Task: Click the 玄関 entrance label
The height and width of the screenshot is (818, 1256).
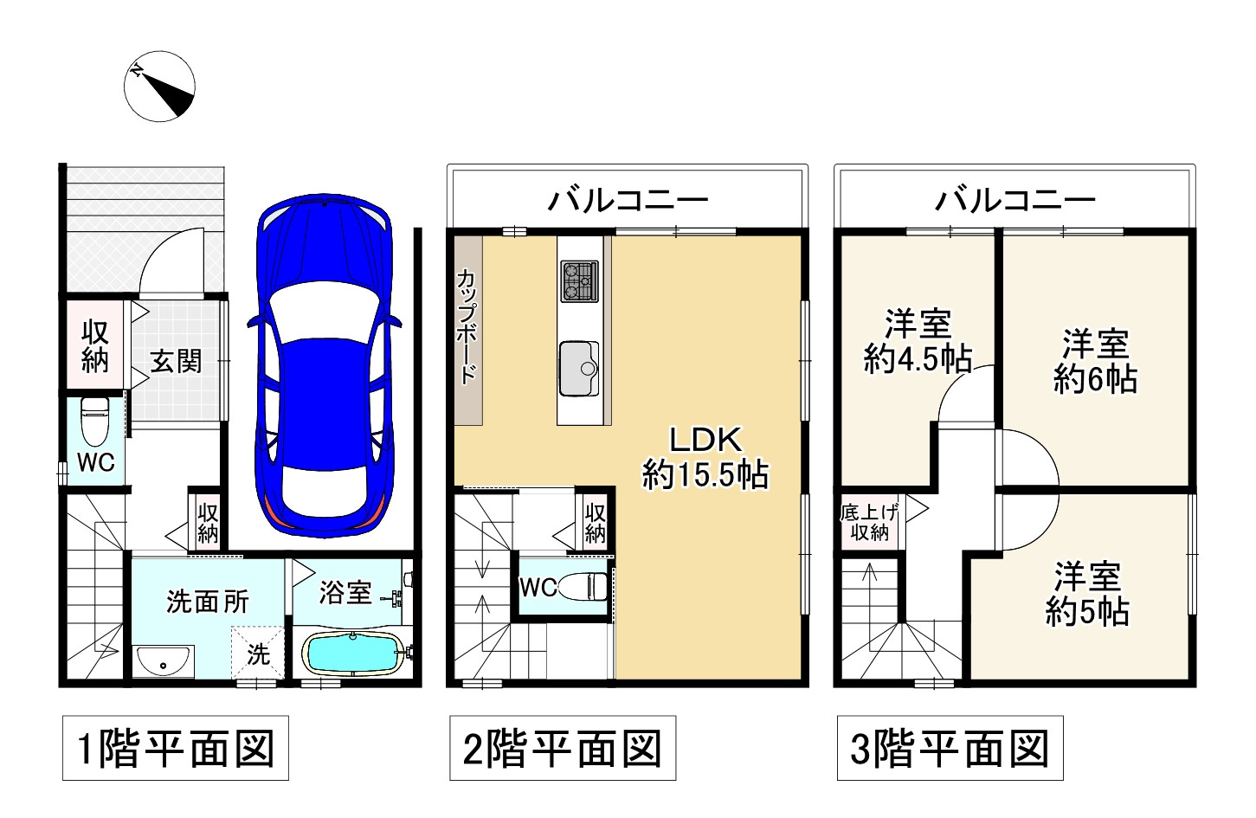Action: point(176,361)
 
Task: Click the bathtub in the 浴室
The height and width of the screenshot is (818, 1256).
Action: point(353,652)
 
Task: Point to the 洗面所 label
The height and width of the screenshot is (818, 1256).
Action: point(208,601)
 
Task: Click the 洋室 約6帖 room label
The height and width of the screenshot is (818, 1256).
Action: point(1095,361)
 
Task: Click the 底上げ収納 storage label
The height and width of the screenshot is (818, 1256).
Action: point(869,522)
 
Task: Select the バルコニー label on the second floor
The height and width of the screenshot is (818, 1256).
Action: point(628,201)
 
